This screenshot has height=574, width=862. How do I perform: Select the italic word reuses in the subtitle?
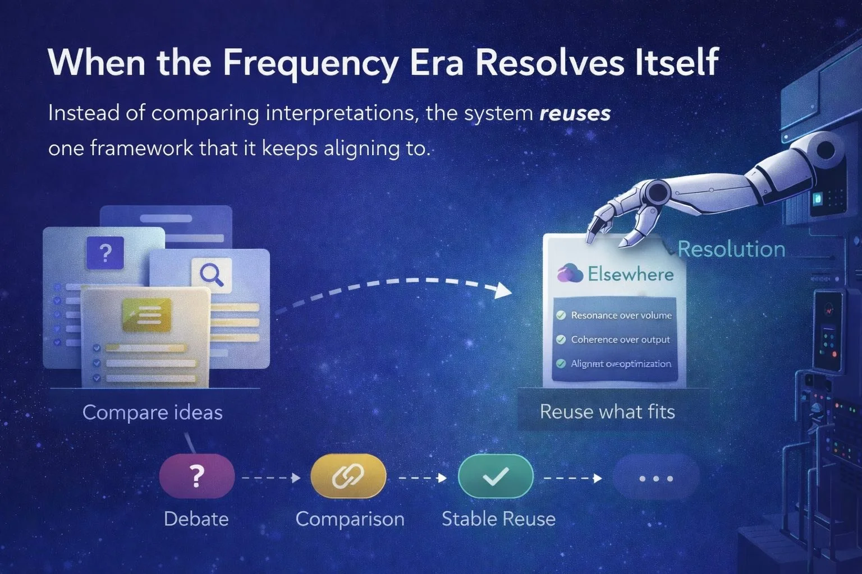(575, 114)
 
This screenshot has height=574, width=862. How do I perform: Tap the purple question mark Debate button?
(196, 476)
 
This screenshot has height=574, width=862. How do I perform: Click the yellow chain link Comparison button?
(348, 476)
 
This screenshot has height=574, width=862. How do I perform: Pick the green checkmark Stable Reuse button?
(496, 476)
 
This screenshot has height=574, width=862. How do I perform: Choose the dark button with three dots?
(656, 478)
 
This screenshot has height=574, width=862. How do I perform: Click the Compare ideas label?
(152, 413)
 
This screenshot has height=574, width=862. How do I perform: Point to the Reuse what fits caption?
(607, 412)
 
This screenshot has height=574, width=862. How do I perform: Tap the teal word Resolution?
(731, 249)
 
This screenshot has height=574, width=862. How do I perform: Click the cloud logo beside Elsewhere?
(570, 274)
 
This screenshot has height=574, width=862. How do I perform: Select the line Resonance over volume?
(621, 316)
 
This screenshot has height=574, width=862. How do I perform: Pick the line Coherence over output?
(620, 340)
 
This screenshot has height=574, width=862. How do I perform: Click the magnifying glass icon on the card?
(212, 274)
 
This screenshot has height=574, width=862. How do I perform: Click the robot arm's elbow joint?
(654, 194)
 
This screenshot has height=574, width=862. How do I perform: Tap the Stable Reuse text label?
(498, 519)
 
